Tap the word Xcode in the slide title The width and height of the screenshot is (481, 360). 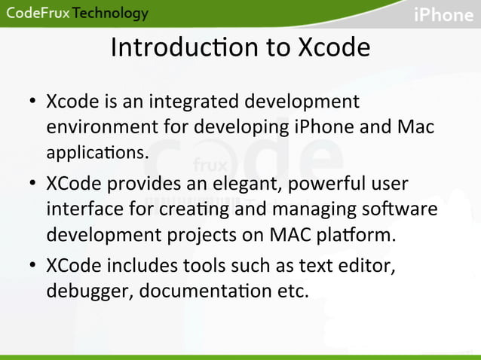click(x=333, y=47)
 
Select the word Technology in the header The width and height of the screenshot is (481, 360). click(x=111, y=14)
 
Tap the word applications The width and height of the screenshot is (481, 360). click(x=97, y=152)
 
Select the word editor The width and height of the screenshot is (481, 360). click(x=365, y=266)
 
